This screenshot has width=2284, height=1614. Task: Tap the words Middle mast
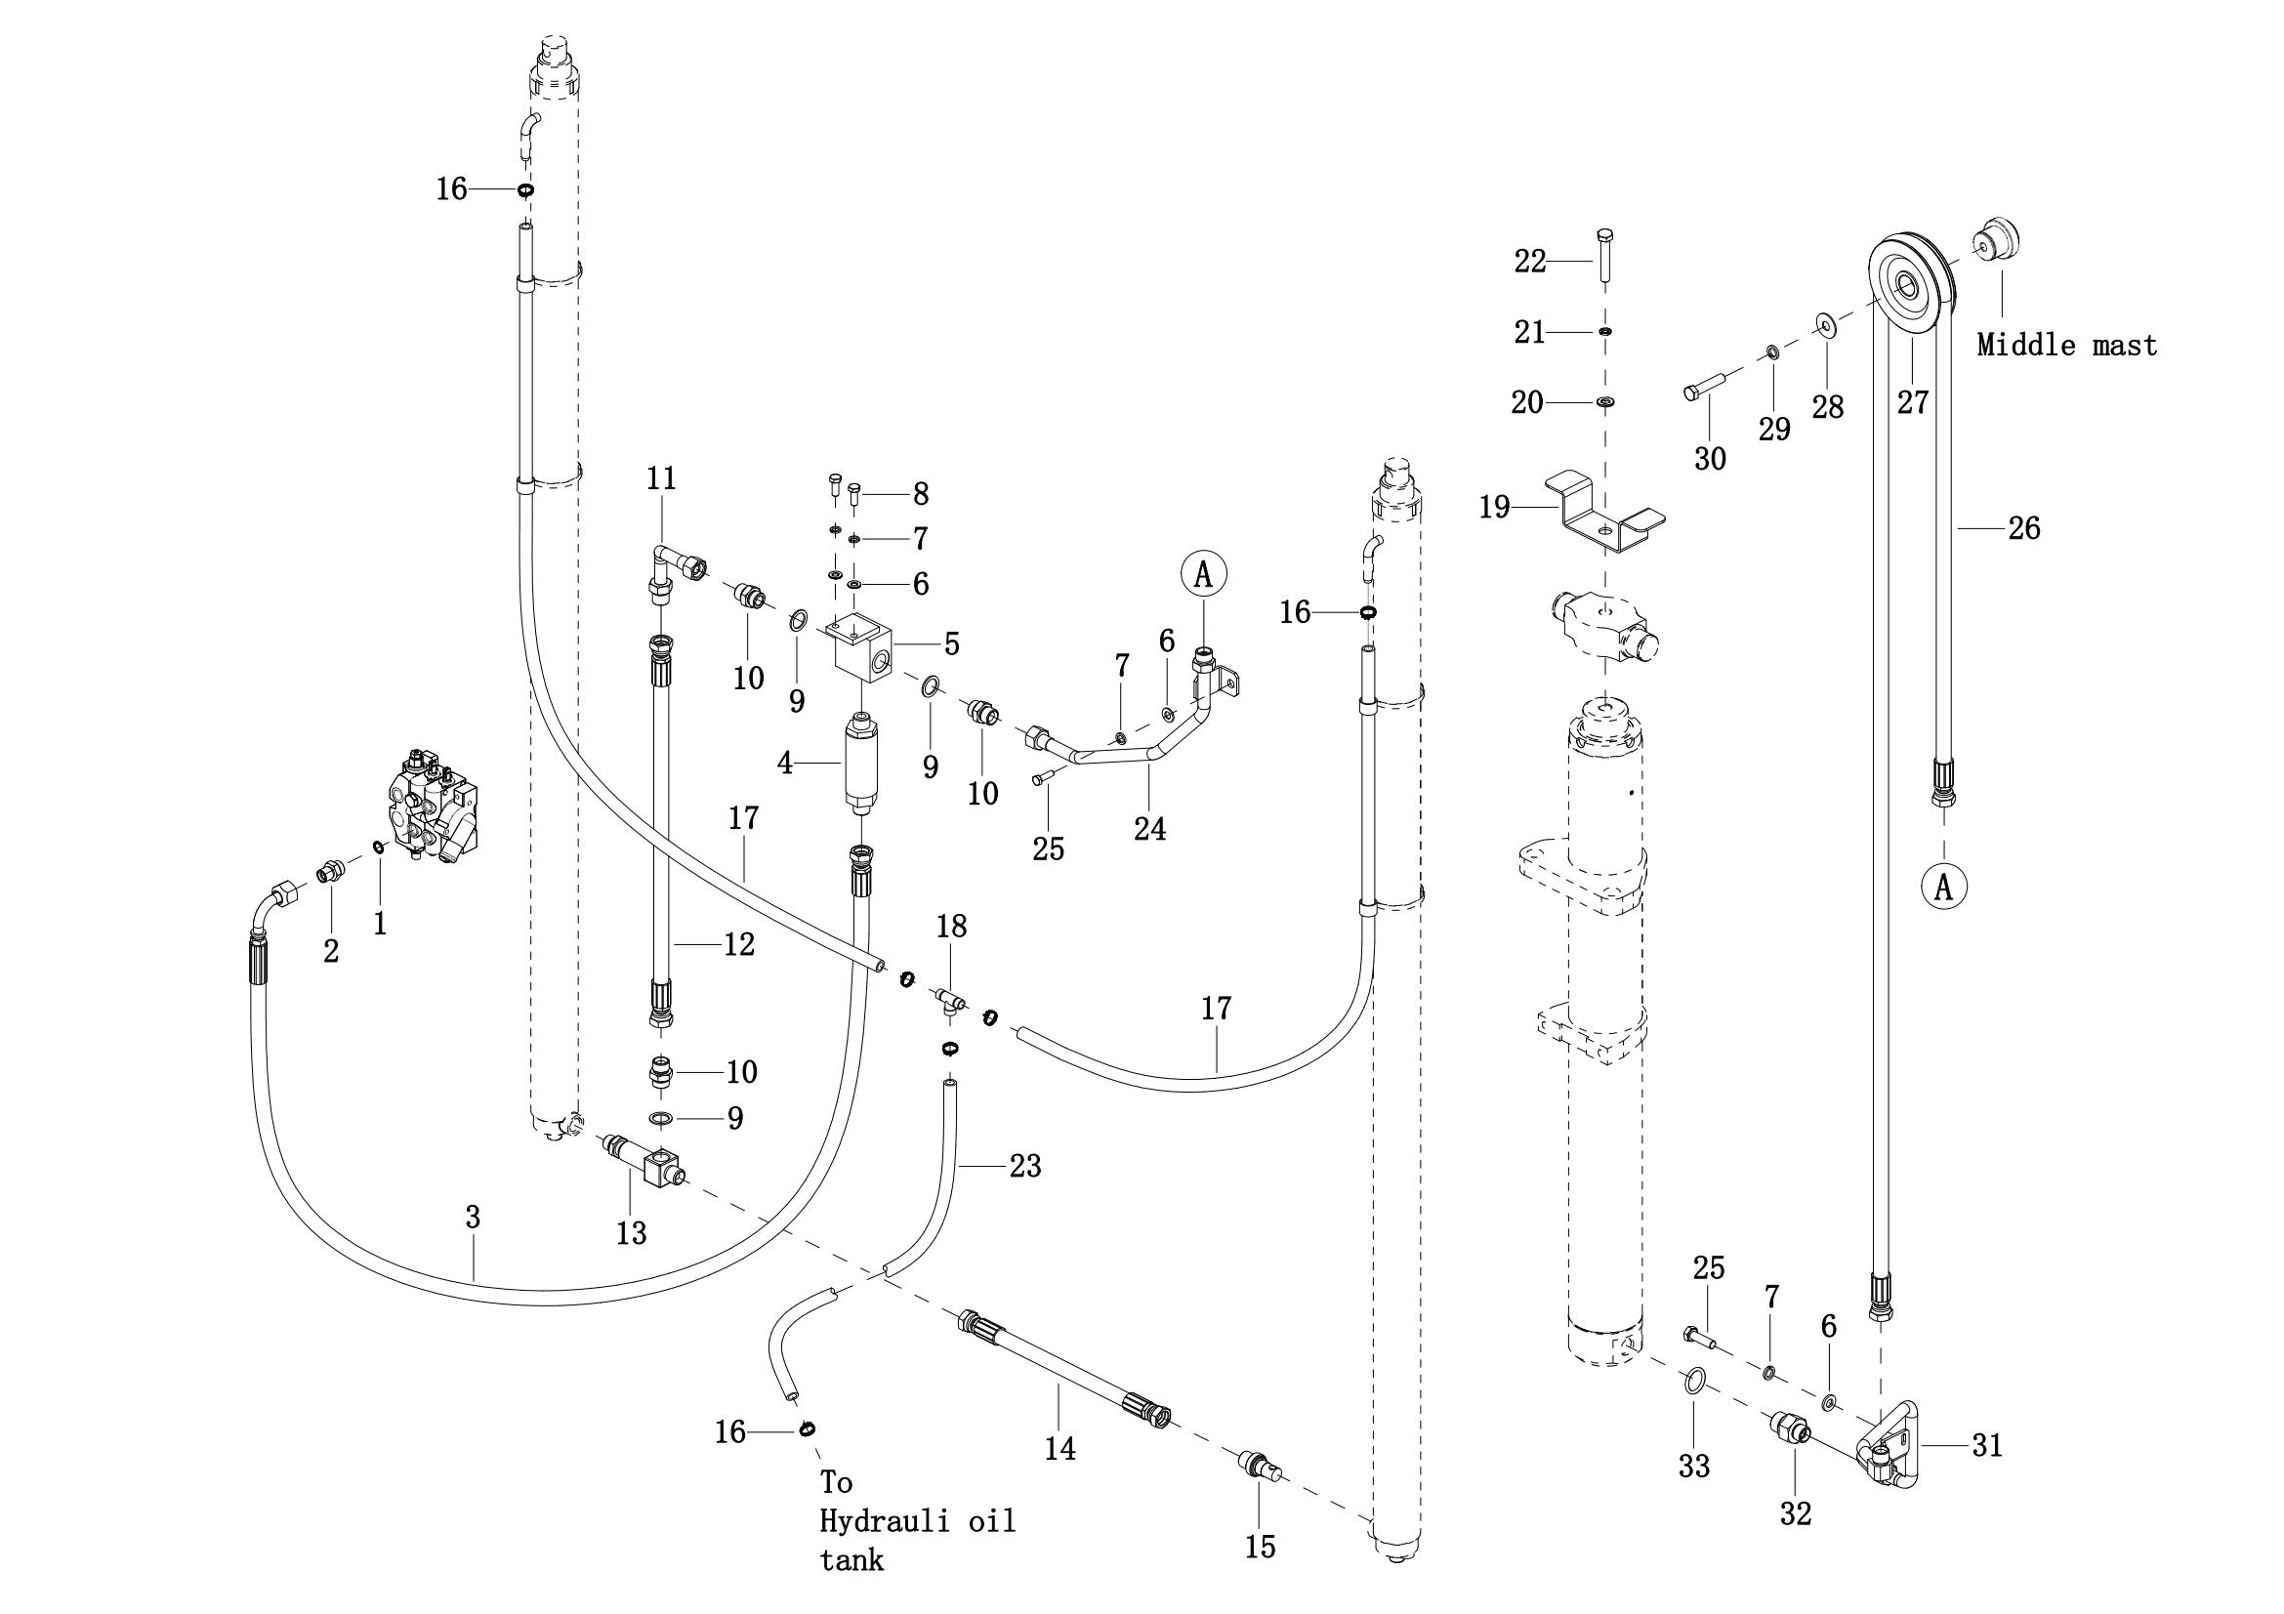pos(2066,345)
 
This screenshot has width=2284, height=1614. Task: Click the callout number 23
pos(1024,1165)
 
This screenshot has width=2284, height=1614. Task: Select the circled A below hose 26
pos(1943,887)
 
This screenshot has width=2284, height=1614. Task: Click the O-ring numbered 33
pos(1695,1381)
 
